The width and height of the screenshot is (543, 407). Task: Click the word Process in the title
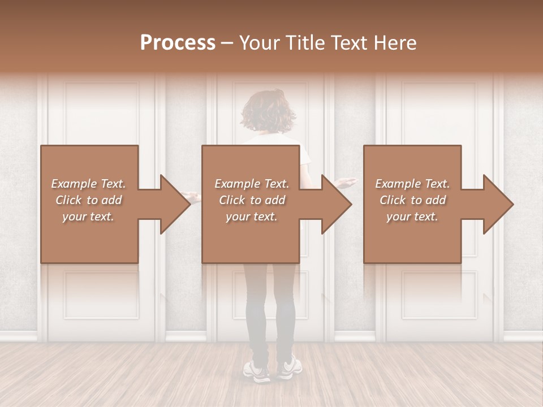pos(178,43)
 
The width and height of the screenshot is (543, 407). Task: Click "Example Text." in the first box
pos(88,184)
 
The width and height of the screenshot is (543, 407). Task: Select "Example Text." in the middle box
pos(252,184)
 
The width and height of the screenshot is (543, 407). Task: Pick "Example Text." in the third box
pos(412,184)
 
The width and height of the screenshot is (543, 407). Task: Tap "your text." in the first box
pos(88,217)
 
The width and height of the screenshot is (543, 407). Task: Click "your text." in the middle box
pos(252,217)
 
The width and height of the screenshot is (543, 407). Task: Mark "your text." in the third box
pos(412,217)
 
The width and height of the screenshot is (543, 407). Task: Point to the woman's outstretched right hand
pos(346,182)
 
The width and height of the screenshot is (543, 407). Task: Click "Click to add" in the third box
pos(412,200)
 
